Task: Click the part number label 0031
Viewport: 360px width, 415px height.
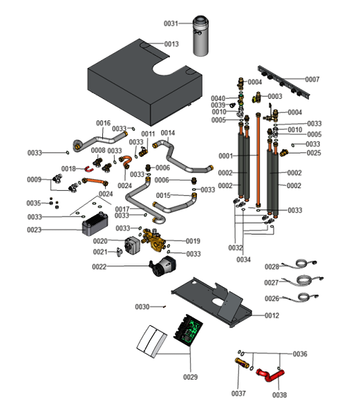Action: coord(171,24)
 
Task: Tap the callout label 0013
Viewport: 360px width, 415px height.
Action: coord(171,44)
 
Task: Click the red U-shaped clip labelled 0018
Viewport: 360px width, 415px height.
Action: coord(91,168)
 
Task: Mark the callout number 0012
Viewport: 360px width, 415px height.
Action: coord(271,315)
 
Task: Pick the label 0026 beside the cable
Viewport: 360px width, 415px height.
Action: coord(272,298)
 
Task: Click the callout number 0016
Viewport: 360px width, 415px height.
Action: coord(103,123)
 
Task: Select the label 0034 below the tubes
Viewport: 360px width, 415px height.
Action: coord(243,259)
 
